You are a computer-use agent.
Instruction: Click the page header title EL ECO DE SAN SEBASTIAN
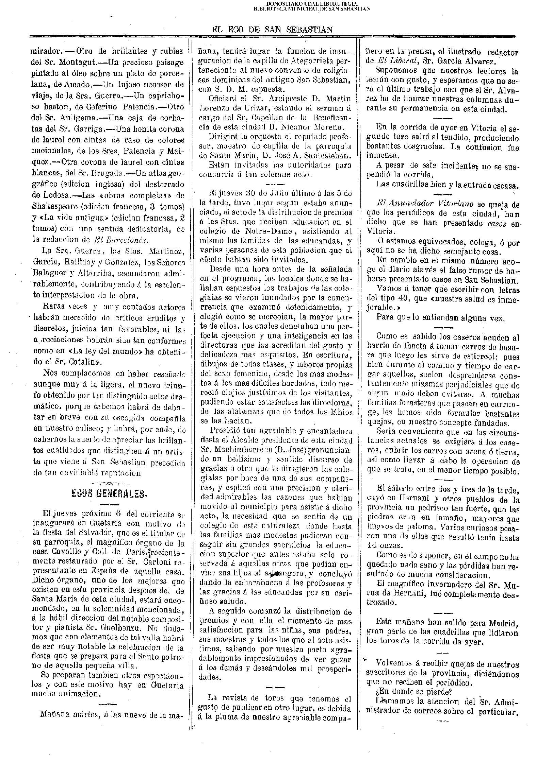[272, 30]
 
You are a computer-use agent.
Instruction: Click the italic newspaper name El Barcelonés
[121, 239]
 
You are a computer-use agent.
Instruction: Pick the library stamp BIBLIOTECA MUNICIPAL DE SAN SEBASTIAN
[312, 9]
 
